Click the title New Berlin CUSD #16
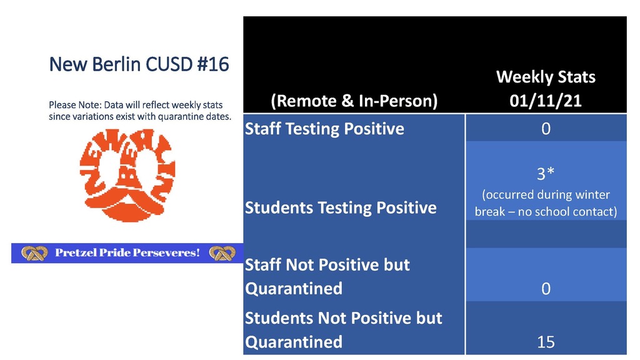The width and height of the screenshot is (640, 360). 139,64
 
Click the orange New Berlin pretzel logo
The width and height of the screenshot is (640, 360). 127,176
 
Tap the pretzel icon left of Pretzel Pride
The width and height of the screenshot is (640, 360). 34,253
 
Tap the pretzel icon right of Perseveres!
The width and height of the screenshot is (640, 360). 222,253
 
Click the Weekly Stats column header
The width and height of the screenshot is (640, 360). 546,77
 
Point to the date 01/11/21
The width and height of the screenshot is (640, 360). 546,101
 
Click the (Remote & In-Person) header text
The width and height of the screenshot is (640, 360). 354,101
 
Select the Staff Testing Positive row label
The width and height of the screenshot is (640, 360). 324,129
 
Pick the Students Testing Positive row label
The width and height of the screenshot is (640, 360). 341,207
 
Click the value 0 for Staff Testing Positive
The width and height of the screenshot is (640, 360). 546,129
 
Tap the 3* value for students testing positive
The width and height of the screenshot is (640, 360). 546,174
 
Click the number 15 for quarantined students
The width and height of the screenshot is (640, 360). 546,342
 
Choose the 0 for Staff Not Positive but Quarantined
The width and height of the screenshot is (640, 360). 546,289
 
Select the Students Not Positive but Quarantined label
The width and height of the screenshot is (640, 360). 344,330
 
